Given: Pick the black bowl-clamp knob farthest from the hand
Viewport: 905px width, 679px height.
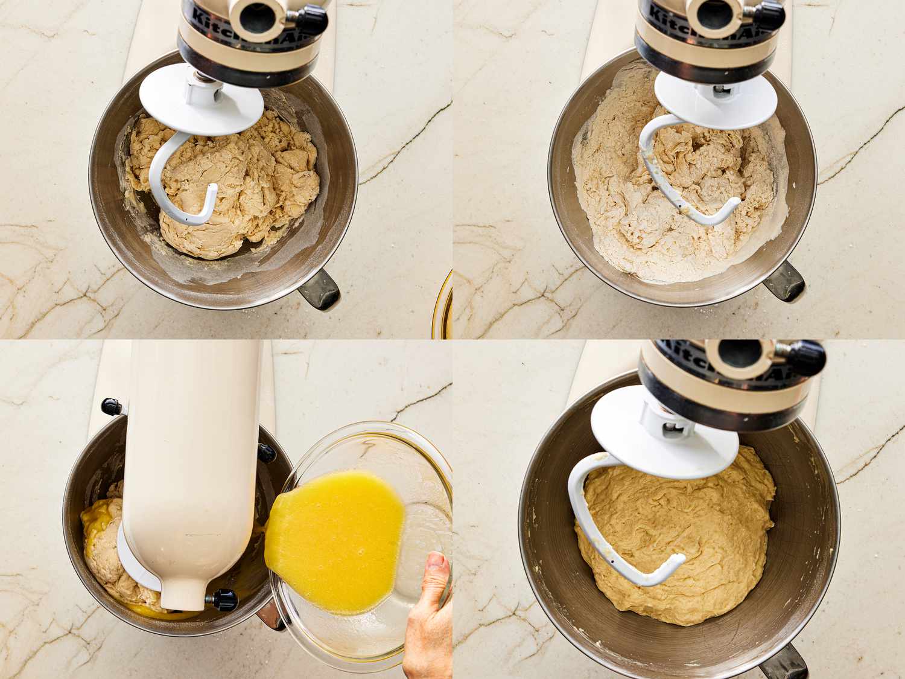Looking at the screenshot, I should [x=112, y=406].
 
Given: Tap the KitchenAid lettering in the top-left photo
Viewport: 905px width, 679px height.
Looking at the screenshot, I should [x=211, y=12].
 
